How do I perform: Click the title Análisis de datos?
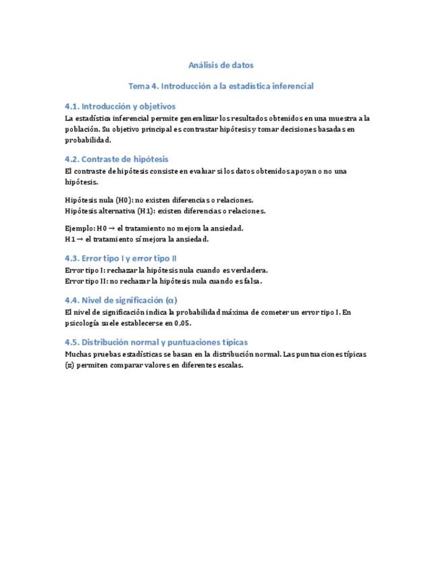pos(221,66)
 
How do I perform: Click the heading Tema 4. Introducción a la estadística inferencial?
pos(221,86)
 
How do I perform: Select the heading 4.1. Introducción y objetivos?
pos(120,106)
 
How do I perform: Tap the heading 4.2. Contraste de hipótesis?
pos(117,159)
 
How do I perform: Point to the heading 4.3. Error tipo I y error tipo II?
pos(121,258)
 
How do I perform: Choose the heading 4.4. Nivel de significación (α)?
pos(121,300)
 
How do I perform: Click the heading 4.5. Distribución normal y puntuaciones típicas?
pos(156,342)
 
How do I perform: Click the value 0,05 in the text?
pos(182,323)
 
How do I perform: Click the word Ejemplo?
pos(80,228)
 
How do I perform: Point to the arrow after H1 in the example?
pos(80,239)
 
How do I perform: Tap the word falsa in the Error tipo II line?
pos(250,280)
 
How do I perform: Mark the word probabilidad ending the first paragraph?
pos(87,140)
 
